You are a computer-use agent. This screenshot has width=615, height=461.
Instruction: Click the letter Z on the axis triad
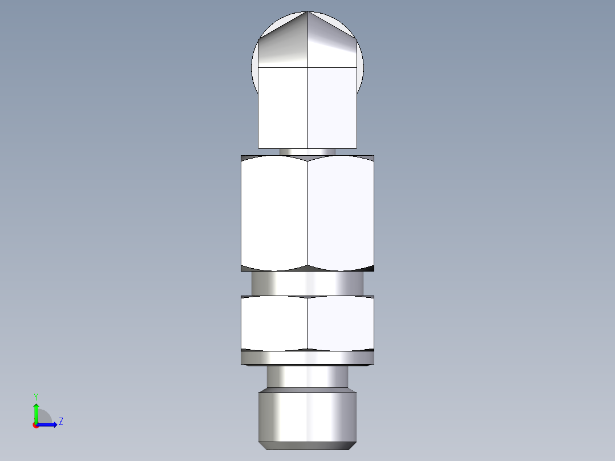click(x=60, y=422)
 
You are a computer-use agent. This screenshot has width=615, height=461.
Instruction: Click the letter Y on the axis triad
click(x=35, y=396)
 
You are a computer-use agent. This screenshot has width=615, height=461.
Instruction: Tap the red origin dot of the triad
click(x=36, y=425)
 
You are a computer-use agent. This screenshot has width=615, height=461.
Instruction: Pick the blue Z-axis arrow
click(x=48, y=424)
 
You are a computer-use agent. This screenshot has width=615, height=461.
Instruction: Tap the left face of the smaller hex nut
click(x=274, y=323)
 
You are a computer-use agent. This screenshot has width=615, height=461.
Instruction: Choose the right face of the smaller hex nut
click(x=341, y=323)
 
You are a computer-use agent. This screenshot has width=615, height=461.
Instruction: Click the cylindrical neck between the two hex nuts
click(x=307, y=283)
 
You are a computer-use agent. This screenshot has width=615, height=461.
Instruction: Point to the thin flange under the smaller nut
click(x=307, y=358)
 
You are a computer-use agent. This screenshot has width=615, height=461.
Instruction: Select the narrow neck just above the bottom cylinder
click(x=307, y=377)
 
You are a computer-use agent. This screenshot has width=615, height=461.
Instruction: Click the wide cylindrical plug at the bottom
click(x=307, y=415)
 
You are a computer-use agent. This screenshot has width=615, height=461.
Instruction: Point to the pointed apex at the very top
click(x=307, y=12)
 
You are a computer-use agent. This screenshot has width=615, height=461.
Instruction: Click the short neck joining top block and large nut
click(x=307, y=152)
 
